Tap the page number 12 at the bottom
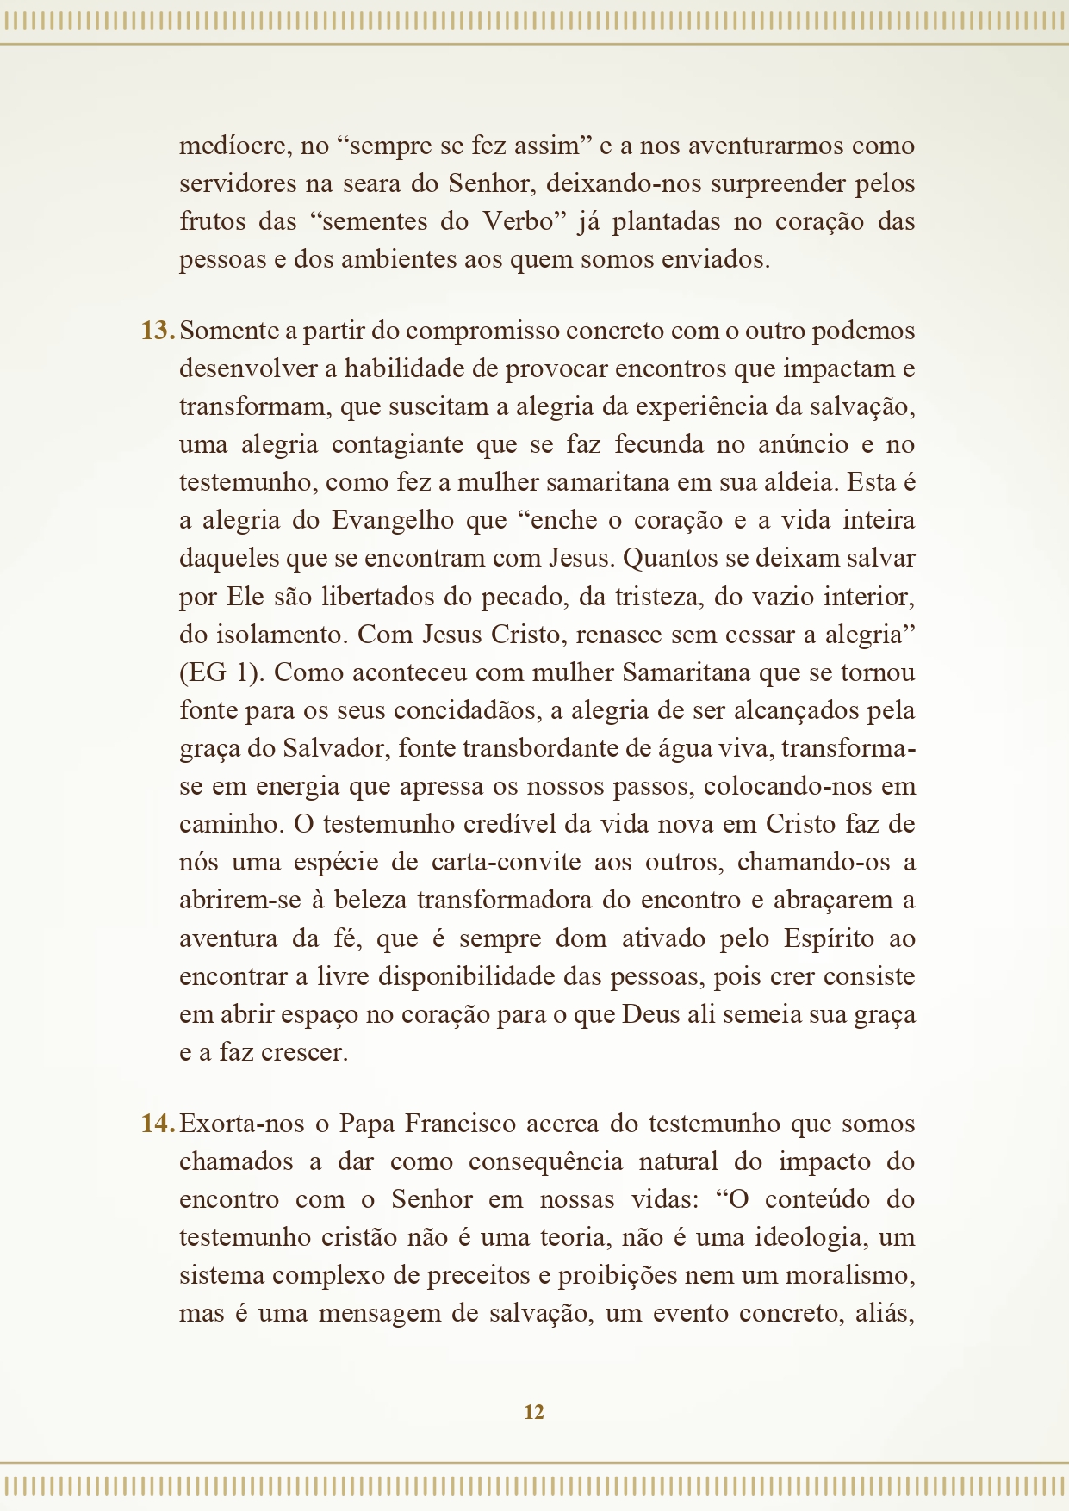534,1412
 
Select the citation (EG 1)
220,673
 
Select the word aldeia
800,483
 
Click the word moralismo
849,1276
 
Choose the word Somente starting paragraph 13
227,331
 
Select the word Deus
650,1015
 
